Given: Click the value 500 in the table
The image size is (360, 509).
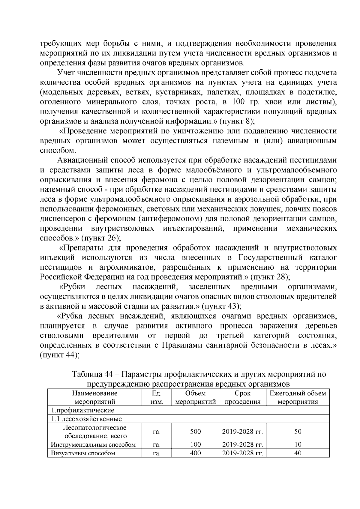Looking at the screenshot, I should tap(195, 432).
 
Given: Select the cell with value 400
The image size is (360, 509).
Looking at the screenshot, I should tap(195, 453).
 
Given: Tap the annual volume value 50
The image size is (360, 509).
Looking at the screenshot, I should tap(298, 432).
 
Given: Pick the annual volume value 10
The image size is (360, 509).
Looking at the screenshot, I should tap(298, 445).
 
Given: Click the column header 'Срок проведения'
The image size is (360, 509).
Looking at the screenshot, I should tap(242, 397).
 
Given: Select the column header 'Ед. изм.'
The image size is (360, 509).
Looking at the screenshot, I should tap(156, 397).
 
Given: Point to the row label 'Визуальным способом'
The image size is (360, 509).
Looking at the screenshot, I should tap(83, 453).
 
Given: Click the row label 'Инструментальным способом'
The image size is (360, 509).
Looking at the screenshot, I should tap(93, 445).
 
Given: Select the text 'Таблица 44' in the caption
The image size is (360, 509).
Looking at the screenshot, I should tap(92, 375).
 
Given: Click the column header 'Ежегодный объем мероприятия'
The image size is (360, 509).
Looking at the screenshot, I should tap(298, 397).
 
